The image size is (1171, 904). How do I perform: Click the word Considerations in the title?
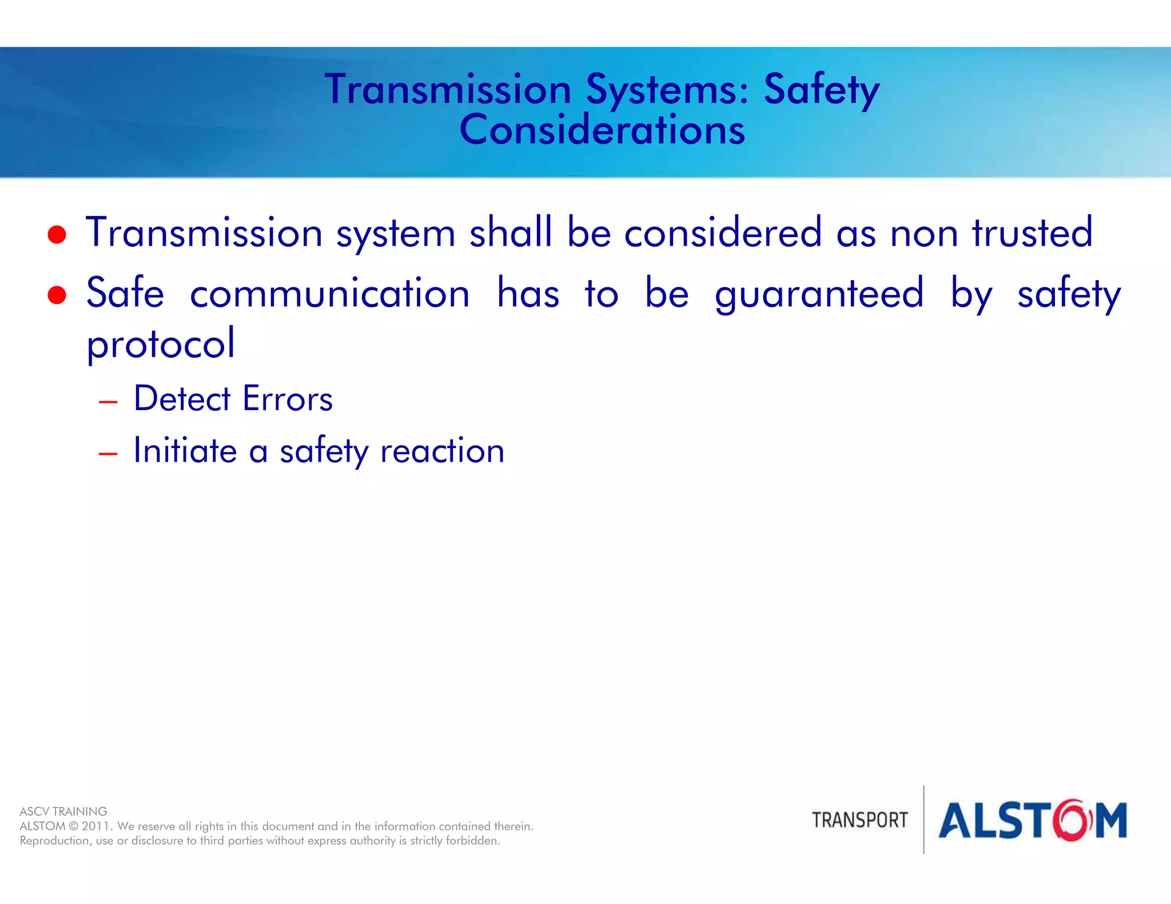click(x=602, y=130)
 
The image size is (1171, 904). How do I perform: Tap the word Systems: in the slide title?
click(x=667, y=90)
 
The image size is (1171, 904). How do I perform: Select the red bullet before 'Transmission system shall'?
click(x=57, y=234)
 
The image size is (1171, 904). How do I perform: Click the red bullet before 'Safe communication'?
click(x=57, y=295)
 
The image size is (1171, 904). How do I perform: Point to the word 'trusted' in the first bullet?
click(x=1033, y=233)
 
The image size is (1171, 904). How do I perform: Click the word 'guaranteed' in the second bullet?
click(x=819, y=294)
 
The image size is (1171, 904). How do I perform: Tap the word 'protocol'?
click(x=161, y=344)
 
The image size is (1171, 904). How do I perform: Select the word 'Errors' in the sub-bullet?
click(x=288, y=398)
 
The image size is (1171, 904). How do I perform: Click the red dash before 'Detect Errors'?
click(x=108, y=402)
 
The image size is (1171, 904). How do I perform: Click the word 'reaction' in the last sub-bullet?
click(x=442, y=451)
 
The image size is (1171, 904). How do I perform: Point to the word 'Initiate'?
click(x=185, y=450)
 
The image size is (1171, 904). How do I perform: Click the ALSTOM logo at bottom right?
click(x=1032, y=821)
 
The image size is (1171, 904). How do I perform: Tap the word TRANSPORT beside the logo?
click(x=859, y=821)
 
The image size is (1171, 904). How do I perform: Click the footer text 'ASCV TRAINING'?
click(x=63, y=811)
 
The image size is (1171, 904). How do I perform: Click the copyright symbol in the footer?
click(x=73, y=826)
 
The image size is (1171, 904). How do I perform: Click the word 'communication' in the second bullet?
click(x=330, y=294)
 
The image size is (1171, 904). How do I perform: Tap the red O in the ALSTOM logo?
click(x=1073, y=821)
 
